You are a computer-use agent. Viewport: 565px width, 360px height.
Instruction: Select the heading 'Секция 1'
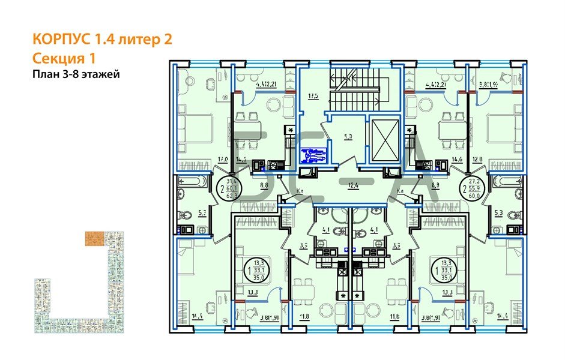pyautogui.click(x=64, y=58)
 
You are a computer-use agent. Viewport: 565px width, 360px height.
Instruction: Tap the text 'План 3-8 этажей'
pyautogui.click(x=76, y=74)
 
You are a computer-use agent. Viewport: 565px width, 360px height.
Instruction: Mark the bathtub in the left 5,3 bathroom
pyautogui.click(x=193, y=182)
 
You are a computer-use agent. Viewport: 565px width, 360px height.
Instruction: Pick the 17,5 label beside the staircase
pyautogui.click(x=312, y=94)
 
